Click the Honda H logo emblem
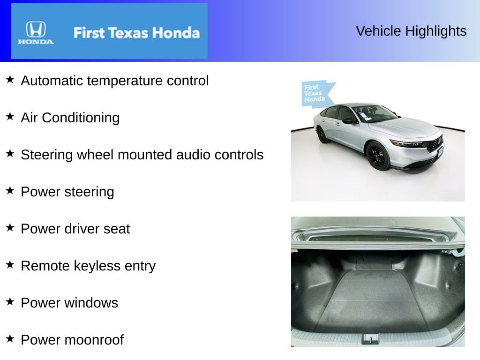click(x=36, y=30)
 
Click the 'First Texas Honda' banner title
click(x=136, y=33)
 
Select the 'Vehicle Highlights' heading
click(x=411, y=31)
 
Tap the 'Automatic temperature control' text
click(x=115, y=81)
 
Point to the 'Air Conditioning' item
click(x=70, y=118)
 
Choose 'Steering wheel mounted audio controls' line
click(x=142, y=155)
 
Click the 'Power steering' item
click(x=67, y=192)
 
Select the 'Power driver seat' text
click(x=75, y=229)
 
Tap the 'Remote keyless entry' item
click(x=88, y=266)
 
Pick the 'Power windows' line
click(x=69, y=303)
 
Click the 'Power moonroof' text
click(x=72, y=340)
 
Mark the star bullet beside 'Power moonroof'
click(x=10, y=338)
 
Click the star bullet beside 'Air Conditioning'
click(x=10, y=116)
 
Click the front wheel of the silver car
click(x=378, y=156)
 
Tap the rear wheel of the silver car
click(x=322, y=135)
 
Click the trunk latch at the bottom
click(x=370, y=339)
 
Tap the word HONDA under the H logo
click(x=36, y=42)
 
